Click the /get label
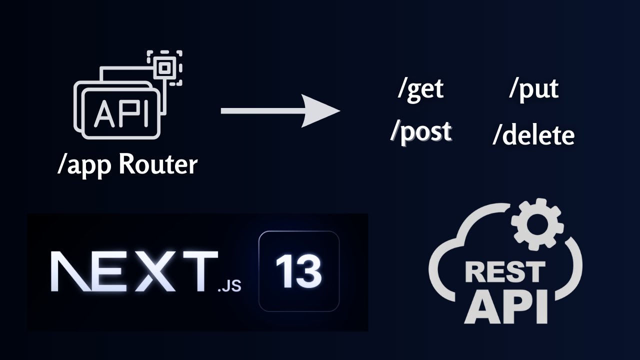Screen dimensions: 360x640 pyautogui.click(x=420, y=89)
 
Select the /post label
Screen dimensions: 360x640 pyautogui.click(x=421, y=131)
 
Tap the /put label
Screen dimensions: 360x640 pyautogui.click(x=533, y=89)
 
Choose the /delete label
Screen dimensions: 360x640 pyautogui.click(x=533, y=135)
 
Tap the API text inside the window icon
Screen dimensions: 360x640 pyautogui.click(x=121, y=114)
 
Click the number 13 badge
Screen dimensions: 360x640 pyautogui.click(x=299, y=271)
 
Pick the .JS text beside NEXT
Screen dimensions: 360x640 pyautogui.click(x=229, y=286)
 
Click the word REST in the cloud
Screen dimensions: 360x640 pyautogui.click(x=505, y=272)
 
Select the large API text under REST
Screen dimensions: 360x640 pyautogui.click(x=505, y=305)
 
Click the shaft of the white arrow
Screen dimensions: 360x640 pyautogui.click(x=260, y=110)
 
